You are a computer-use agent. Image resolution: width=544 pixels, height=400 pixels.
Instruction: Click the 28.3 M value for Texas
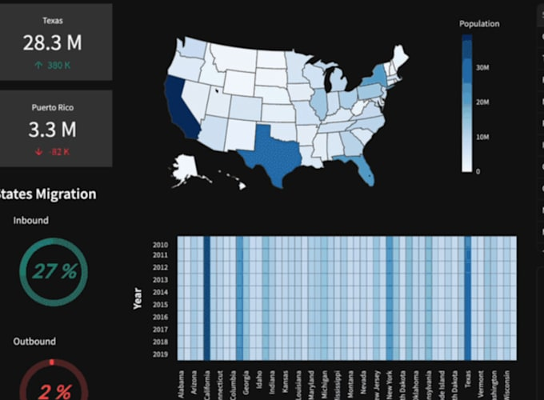point(55,43)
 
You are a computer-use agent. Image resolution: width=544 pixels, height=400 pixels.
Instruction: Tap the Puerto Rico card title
point(54,107)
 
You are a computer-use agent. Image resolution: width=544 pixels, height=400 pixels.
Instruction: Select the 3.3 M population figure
point(53,130)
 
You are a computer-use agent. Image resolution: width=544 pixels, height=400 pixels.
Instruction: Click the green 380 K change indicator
point(54,66)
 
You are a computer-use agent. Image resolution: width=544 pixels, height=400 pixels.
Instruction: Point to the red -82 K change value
point(54,151)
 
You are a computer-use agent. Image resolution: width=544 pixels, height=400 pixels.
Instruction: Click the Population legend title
point(479,24)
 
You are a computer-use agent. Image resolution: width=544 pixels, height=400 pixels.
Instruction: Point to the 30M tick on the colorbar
point(482,68)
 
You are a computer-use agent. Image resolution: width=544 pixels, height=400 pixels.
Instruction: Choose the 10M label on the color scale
point(482,137)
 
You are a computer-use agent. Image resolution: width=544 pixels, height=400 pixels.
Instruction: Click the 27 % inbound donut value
point(55,271)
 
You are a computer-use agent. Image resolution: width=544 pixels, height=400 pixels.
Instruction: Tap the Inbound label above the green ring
point(31,220)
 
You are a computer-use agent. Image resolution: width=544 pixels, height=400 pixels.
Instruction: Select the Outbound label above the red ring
point(34,342)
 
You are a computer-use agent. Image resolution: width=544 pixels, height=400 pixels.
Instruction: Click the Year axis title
point(138,298)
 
